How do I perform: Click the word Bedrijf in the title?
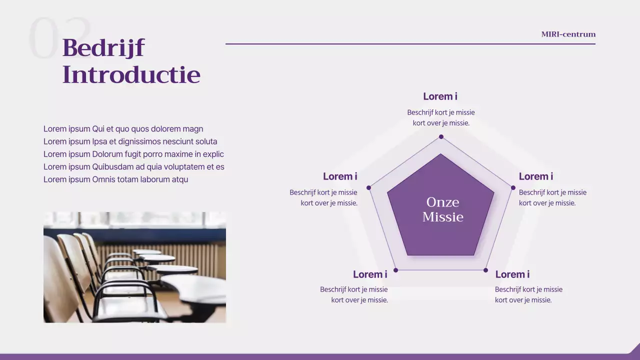[103, 48]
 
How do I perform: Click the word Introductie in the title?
[131, 74]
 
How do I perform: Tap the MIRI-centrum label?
[568, 34]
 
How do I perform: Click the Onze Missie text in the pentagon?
[443, 209]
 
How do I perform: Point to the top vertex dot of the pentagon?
[441, 137]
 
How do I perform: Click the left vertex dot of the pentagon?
[368, 187]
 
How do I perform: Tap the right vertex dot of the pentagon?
[513, 187]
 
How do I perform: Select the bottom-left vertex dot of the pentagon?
[395, 270]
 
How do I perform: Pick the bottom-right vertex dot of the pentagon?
[485, 270]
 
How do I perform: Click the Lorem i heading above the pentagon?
[440, 96]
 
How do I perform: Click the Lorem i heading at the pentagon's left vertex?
[340, 176]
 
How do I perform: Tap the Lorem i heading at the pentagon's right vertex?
[536, 176]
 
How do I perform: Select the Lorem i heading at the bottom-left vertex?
[370, 274]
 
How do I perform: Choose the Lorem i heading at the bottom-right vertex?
[512, 274]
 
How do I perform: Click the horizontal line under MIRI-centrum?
[410, 44]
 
